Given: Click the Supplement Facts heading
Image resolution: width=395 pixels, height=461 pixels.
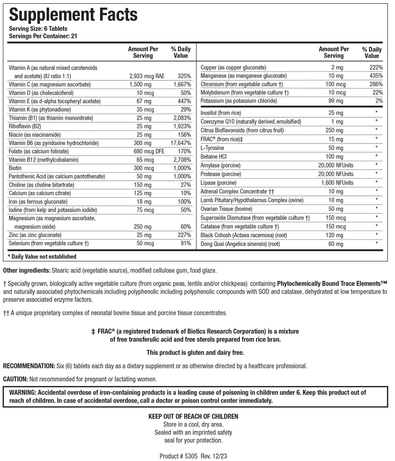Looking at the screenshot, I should [x=73, y=15].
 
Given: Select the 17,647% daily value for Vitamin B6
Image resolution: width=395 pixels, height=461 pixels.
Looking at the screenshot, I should [x=181, y=143].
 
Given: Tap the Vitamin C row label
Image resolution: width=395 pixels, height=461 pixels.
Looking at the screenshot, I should [x=50, y=85].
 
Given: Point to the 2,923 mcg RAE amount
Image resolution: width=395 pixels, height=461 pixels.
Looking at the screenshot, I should [x=147, y=76].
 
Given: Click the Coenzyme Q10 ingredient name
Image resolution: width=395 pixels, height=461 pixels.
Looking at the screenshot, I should [x=251, y=122].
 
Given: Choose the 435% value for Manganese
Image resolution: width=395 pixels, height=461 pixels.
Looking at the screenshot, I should [x=375, y=76].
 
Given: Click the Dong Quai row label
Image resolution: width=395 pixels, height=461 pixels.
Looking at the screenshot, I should [x=240, y=244].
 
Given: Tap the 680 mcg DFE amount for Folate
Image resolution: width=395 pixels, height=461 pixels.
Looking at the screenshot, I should [x=149, y=151].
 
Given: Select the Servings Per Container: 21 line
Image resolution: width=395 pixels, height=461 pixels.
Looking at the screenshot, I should [x=43, y=36].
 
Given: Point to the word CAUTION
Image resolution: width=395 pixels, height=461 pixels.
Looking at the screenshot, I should [x=15, y=379].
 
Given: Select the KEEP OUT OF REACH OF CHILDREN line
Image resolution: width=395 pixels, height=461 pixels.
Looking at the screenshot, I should [x=193, y=417].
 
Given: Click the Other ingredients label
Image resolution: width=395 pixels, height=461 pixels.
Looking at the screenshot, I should [x=27, y=271].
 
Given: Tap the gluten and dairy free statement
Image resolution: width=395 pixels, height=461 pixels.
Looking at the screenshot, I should [x=195, y=353].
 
